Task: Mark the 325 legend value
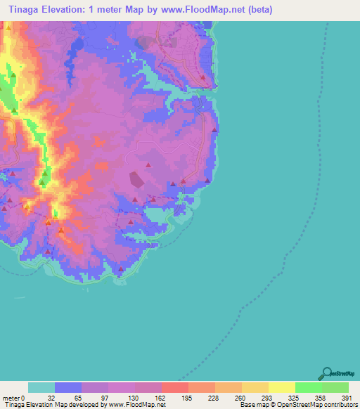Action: pos(295,397)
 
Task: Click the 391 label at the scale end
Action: pos(347,397)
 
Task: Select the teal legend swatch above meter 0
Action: pos(41,387)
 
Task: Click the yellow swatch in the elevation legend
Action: pos(281,387)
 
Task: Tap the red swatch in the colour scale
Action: pos(174,387)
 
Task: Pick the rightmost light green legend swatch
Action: pos(335,387)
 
